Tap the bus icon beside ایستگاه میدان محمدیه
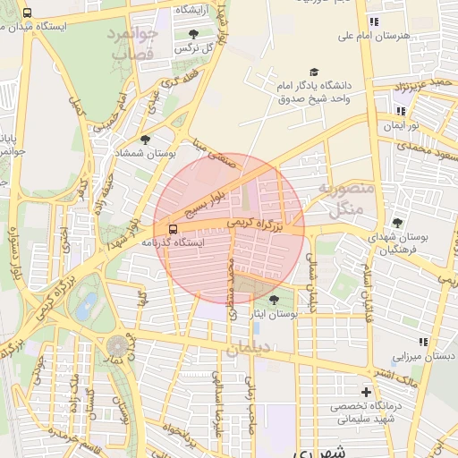pos(28,13)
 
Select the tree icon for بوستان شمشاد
pos(145,140)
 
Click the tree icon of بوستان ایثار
pos(274,300)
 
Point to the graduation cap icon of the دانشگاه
pos(313,72)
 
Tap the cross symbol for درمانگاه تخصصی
pos(365,392)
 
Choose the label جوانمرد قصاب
pos(133,45)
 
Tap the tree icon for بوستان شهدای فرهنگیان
pos(397,223)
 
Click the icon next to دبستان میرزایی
pos(423,342)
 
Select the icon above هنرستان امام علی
pos(373,21)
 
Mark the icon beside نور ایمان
pos(400,111)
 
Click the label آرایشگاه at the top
pos(193,9)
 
